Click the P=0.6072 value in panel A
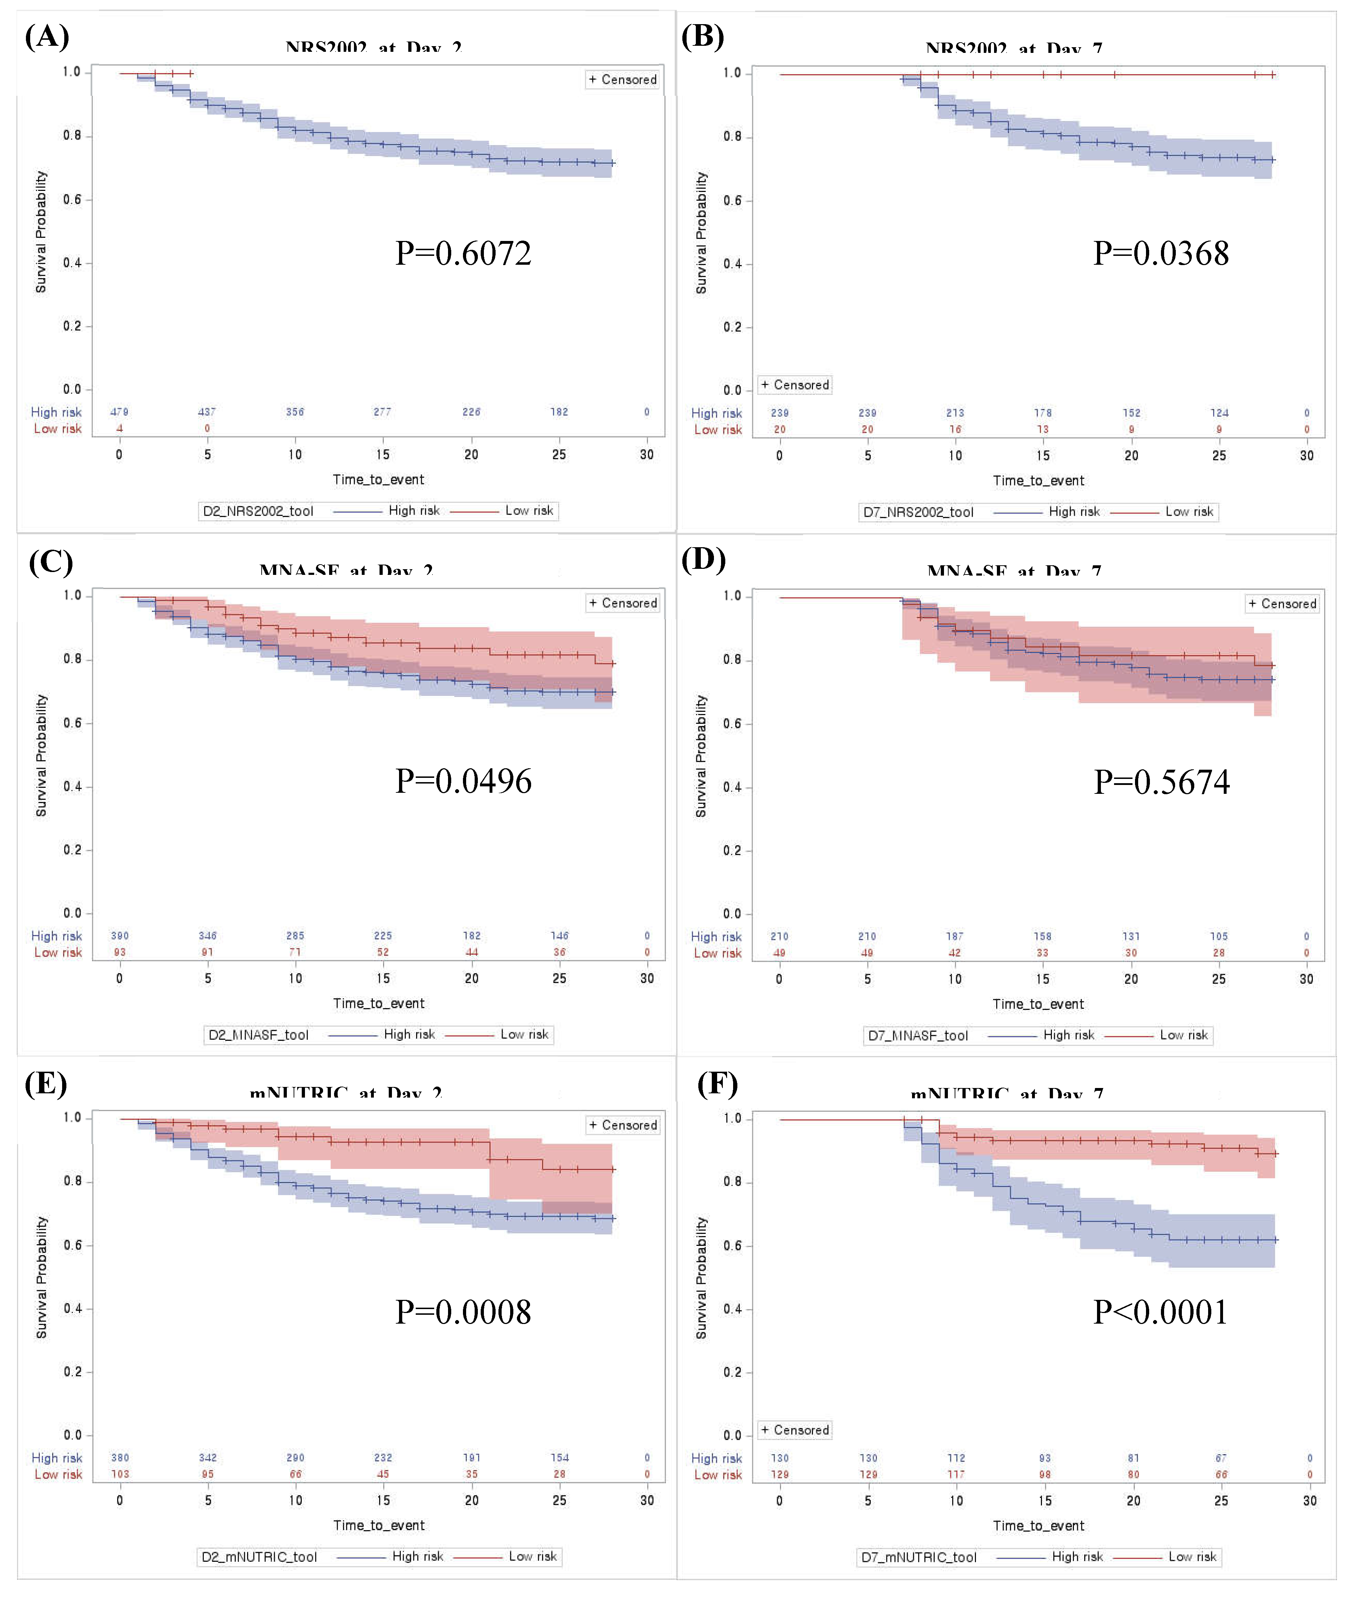463,253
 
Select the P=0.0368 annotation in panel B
1161,253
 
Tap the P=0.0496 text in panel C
463,781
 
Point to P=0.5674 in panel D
1162,781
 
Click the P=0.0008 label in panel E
463,1312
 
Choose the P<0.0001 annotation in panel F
1160,1312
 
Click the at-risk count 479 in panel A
119,412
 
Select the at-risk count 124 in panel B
1219,413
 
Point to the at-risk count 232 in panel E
383,1458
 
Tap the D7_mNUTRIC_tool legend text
918,1557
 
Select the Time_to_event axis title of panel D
1038,1004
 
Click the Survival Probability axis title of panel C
41,755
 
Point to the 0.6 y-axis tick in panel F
732,1245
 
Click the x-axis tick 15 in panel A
383,455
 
